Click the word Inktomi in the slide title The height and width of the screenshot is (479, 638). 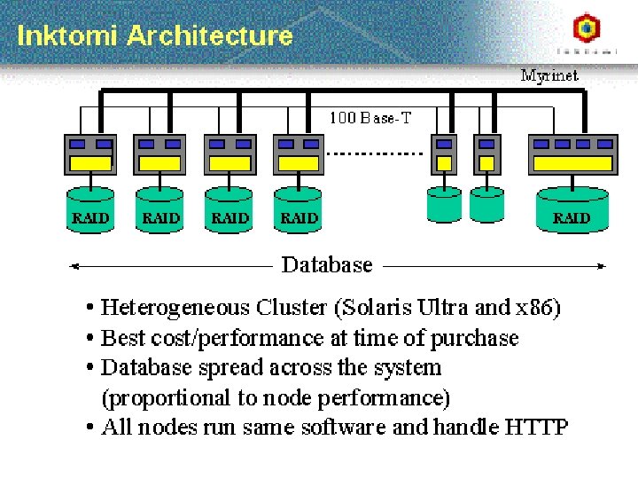tap(68, 36)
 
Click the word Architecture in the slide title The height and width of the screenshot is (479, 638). tap(209, 36)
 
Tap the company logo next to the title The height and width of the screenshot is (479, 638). tap(586, 30)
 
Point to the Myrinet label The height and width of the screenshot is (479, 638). tap(549, 76)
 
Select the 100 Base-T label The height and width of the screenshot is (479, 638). tap(370, 117)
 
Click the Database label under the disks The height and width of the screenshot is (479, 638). tap(327, 264)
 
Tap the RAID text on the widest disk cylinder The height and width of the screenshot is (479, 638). tap(572, 217)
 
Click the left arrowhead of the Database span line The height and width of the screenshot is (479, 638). tap(74, 264)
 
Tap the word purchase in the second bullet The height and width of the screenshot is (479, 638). tap(479, 338)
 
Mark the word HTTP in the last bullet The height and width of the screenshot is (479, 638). tap(536, 427)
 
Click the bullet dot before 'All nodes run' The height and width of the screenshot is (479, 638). tap(91, 428)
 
